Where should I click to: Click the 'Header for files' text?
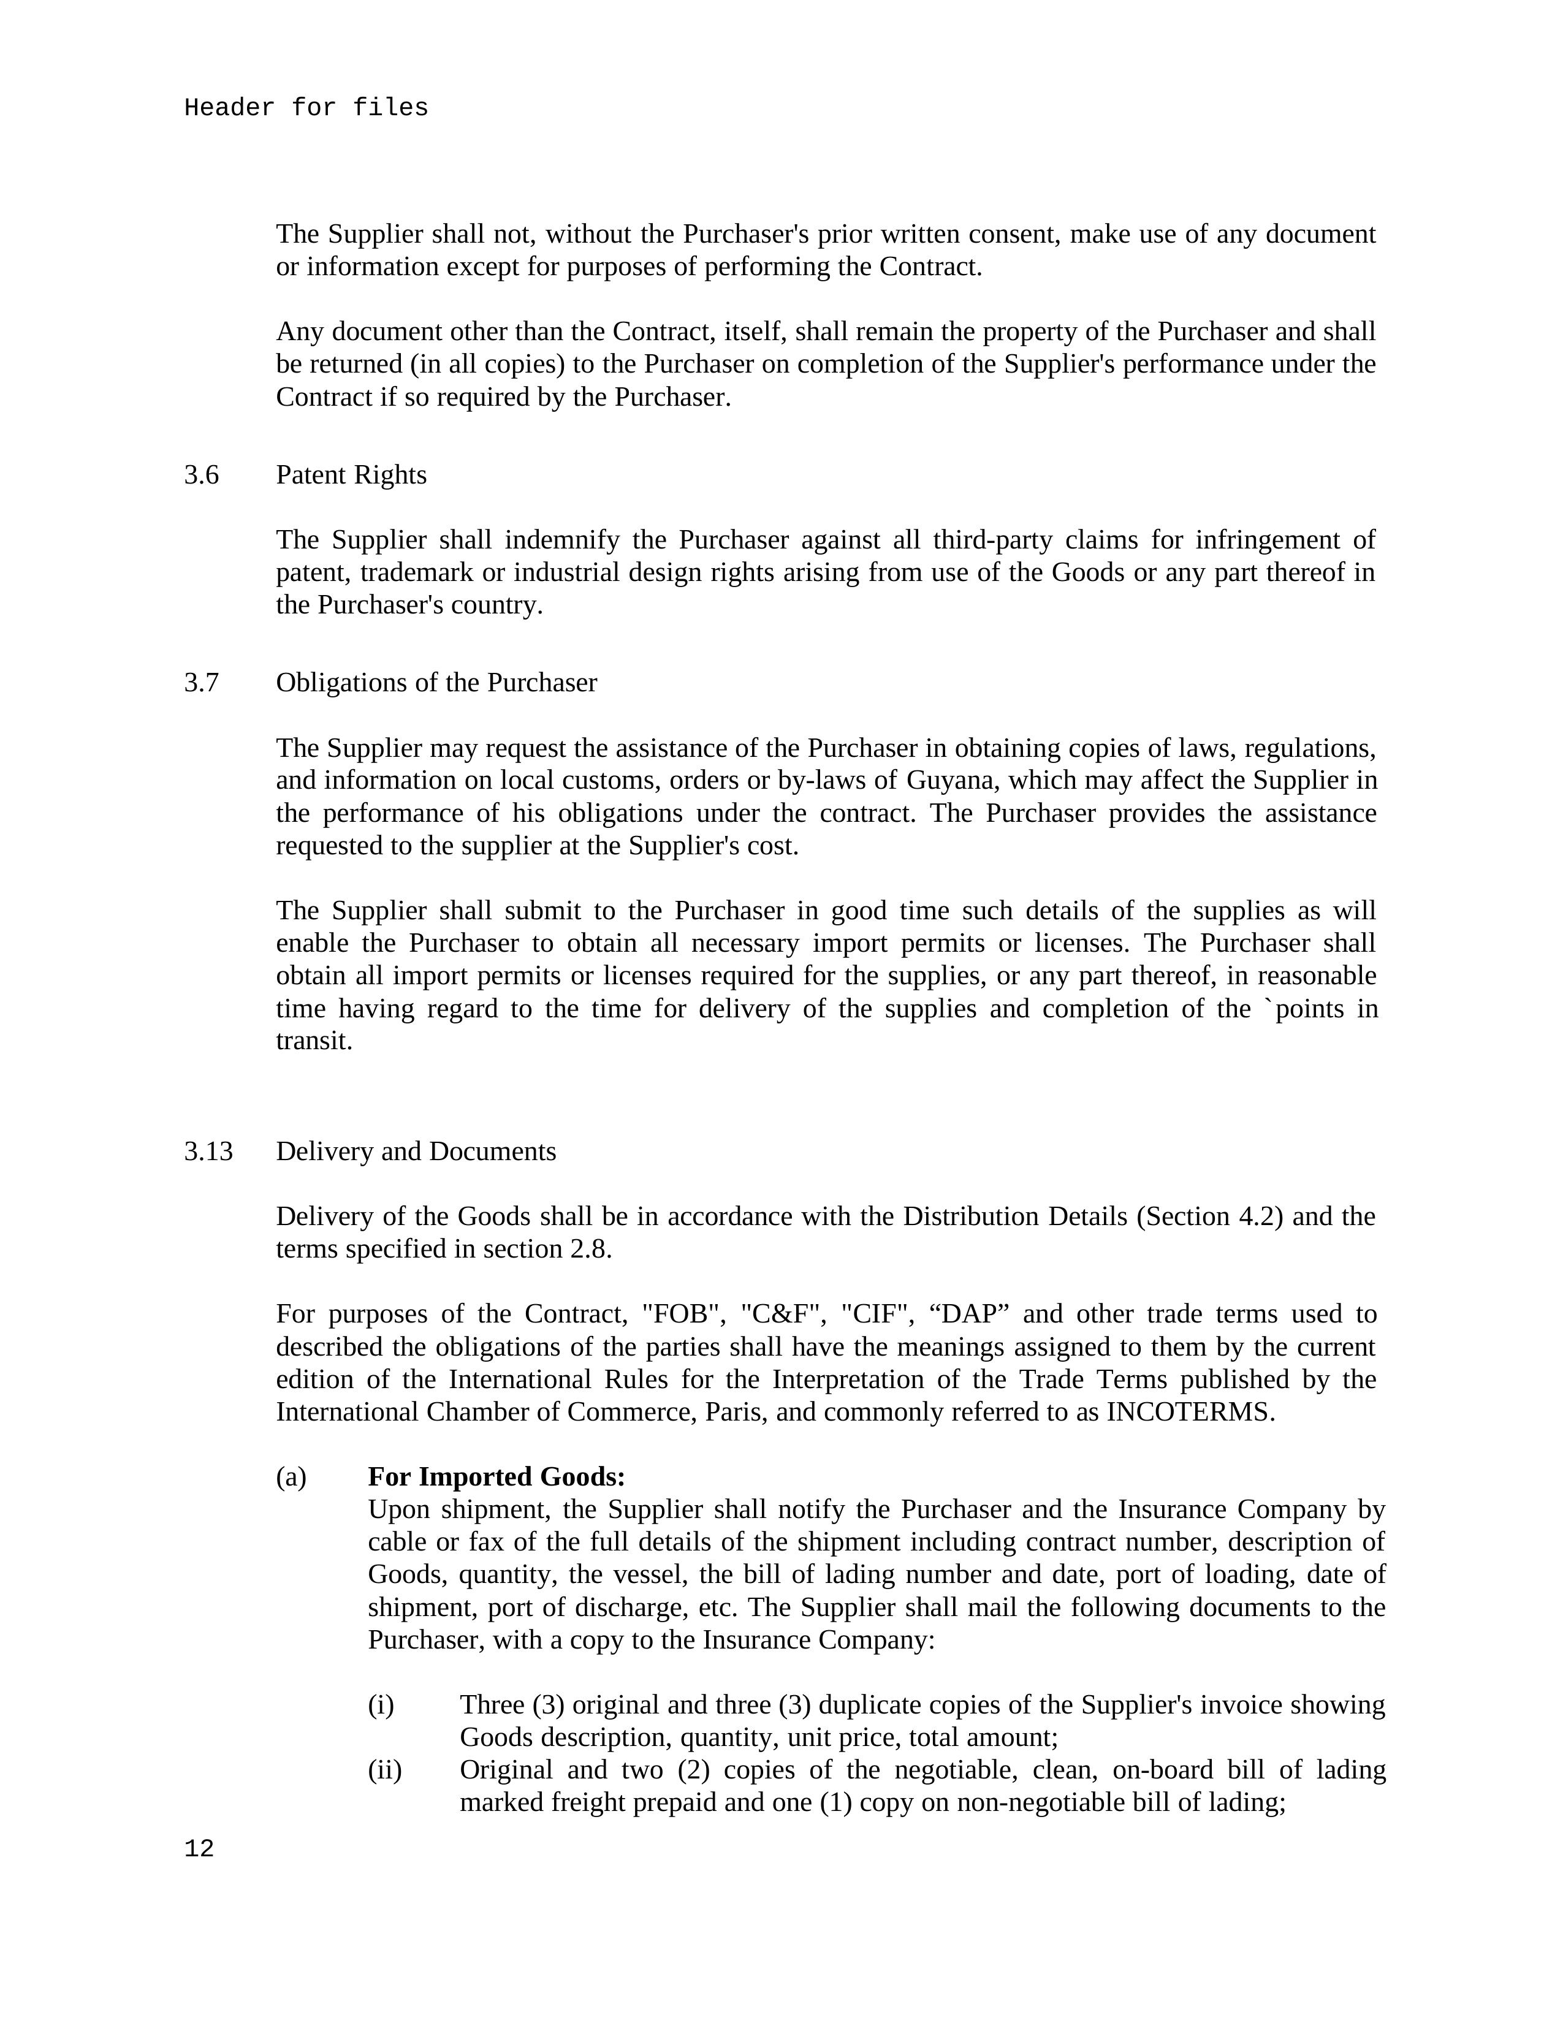(306, 108)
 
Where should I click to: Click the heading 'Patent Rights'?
(351, 475)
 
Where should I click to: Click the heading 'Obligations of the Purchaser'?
(436, 683)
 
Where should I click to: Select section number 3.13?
(208, 1152)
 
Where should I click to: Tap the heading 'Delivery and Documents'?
(416, 1152)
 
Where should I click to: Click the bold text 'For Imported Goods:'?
(496, 1476)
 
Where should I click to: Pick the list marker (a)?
(291, 1476)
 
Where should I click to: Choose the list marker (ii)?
(384, 1769)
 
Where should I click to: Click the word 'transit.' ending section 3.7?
(314, 1041)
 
